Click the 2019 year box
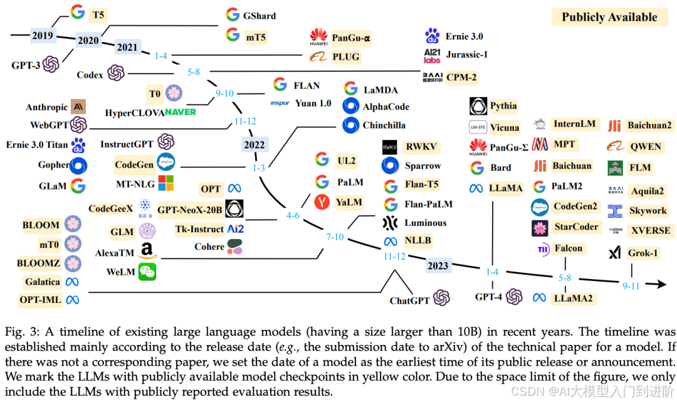pos(43,36)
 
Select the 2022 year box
pos(254,145)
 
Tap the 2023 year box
pos(438,265)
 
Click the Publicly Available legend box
pos(609,17)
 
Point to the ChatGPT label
pos(410,300)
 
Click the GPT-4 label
pos(488,297)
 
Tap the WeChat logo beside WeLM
pos(147,271)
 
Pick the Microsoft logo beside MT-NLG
pos(165,183)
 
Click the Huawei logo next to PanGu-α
pos(319,37)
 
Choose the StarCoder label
pos(576,226)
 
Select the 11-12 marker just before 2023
pos(395,256)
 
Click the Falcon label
pos(569,248)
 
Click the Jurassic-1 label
pos(466,55)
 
